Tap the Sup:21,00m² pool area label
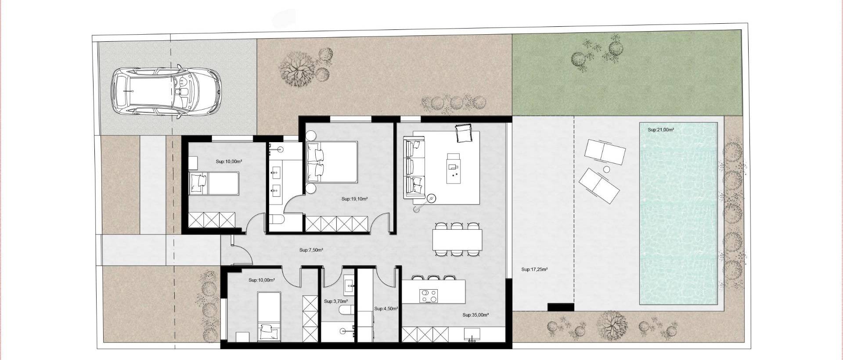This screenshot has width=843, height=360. (x=661, y=130)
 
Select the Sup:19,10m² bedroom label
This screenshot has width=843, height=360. (x=354, y=199)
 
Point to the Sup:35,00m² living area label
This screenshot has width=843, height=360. (x=476, y=315)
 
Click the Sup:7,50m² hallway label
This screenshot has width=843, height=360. (x=311, y=250)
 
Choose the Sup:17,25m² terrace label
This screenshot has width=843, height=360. (x=534, y=270)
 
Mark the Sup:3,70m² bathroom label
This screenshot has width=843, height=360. (x=336, y=302)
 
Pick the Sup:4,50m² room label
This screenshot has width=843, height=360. (x=386, y=309)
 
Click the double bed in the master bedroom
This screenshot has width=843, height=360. (x=332, y=162)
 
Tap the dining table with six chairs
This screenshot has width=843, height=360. (x=457, y=239)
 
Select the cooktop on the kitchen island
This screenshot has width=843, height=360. (x=429, y=296)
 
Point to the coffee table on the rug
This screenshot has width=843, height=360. (x=454, y=168)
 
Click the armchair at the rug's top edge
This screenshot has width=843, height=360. (x=463, y=133)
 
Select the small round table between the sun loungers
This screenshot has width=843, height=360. (x=607, y=169)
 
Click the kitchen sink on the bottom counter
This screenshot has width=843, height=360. (x=472, y=338)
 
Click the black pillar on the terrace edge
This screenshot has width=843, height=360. (x=561, y=307)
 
